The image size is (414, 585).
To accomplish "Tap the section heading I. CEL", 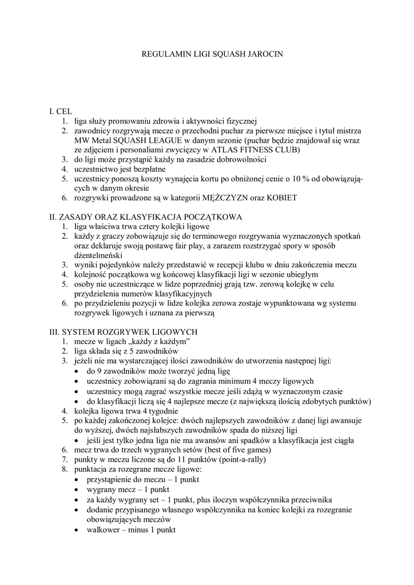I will click(60, 111).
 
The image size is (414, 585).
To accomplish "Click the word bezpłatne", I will click(145, 169).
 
